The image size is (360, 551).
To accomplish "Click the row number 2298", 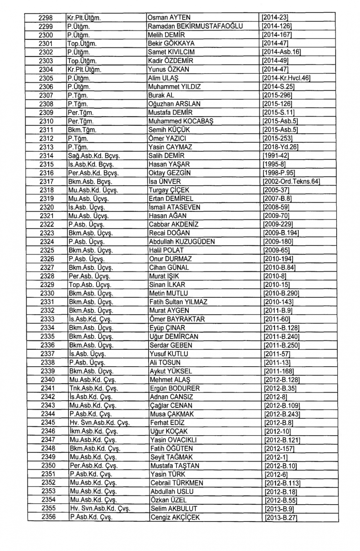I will point(46,18).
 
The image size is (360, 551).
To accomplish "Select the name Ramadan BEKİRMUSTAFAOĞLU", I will point(195,26).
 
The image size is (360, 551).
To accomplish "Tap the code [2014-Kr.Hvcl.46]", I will point(286,78).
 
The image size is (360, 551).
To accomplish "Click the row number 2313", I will point(46,147).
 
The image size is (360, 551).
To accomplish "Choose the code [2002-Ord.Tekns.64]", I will point(291,181).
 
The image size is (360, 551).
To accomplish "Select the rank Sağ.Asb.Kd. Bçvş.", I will point(94,156).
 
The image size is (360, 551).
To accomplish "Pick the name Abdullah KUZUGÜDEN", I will point(182,241).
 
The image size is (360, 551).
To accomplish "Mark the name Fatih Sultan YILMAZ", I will point(179,302).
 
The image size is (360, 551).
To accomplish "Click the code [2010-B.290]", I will point(281,293).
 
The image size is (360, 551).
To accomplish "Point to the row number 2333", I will point(47,319).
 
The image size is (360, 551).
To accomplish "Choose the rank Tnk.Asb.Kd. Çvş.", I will point(93,388).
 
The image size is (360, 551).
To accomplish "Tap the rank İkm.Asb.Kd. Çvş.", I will point(93,431).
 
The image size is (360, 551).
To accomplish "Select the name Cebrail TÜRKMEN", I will point(177,483).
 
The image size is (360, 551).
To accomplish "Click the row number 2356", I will point(49,517).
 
